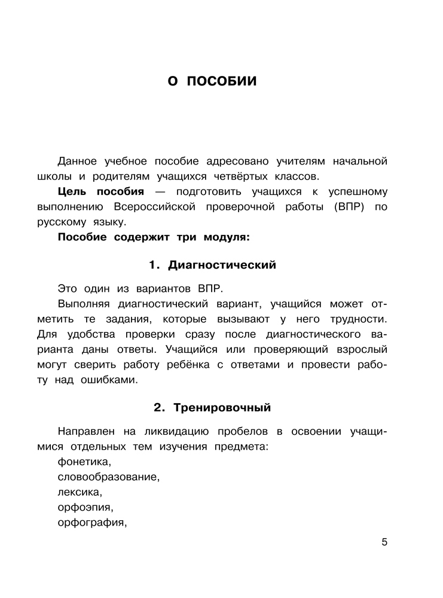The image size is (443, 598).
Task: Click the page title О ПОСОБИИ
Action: click(212, 81)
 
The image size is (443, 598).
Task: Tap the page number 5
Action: click(384, 542)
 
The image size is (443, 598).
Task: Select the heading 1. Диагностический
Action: click(212, 265)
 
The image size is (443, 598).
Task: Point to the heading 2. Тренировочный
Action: click(212, 408)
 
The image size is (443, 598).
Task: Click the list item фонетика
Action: click(84, 462)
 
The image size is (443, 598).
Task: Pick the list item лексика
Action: click(80, 492)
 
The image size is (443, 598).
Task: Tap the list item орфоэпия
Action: click(85, 508)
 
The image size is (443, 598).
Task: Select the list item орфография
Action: click(92, 523)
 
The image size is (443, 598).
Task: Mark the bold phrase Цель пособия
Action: click(101, 191)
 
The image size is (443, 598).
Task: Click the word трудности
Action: click(353, 318)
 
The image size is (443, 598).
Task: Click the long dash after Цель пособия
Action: click(157, 191)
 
